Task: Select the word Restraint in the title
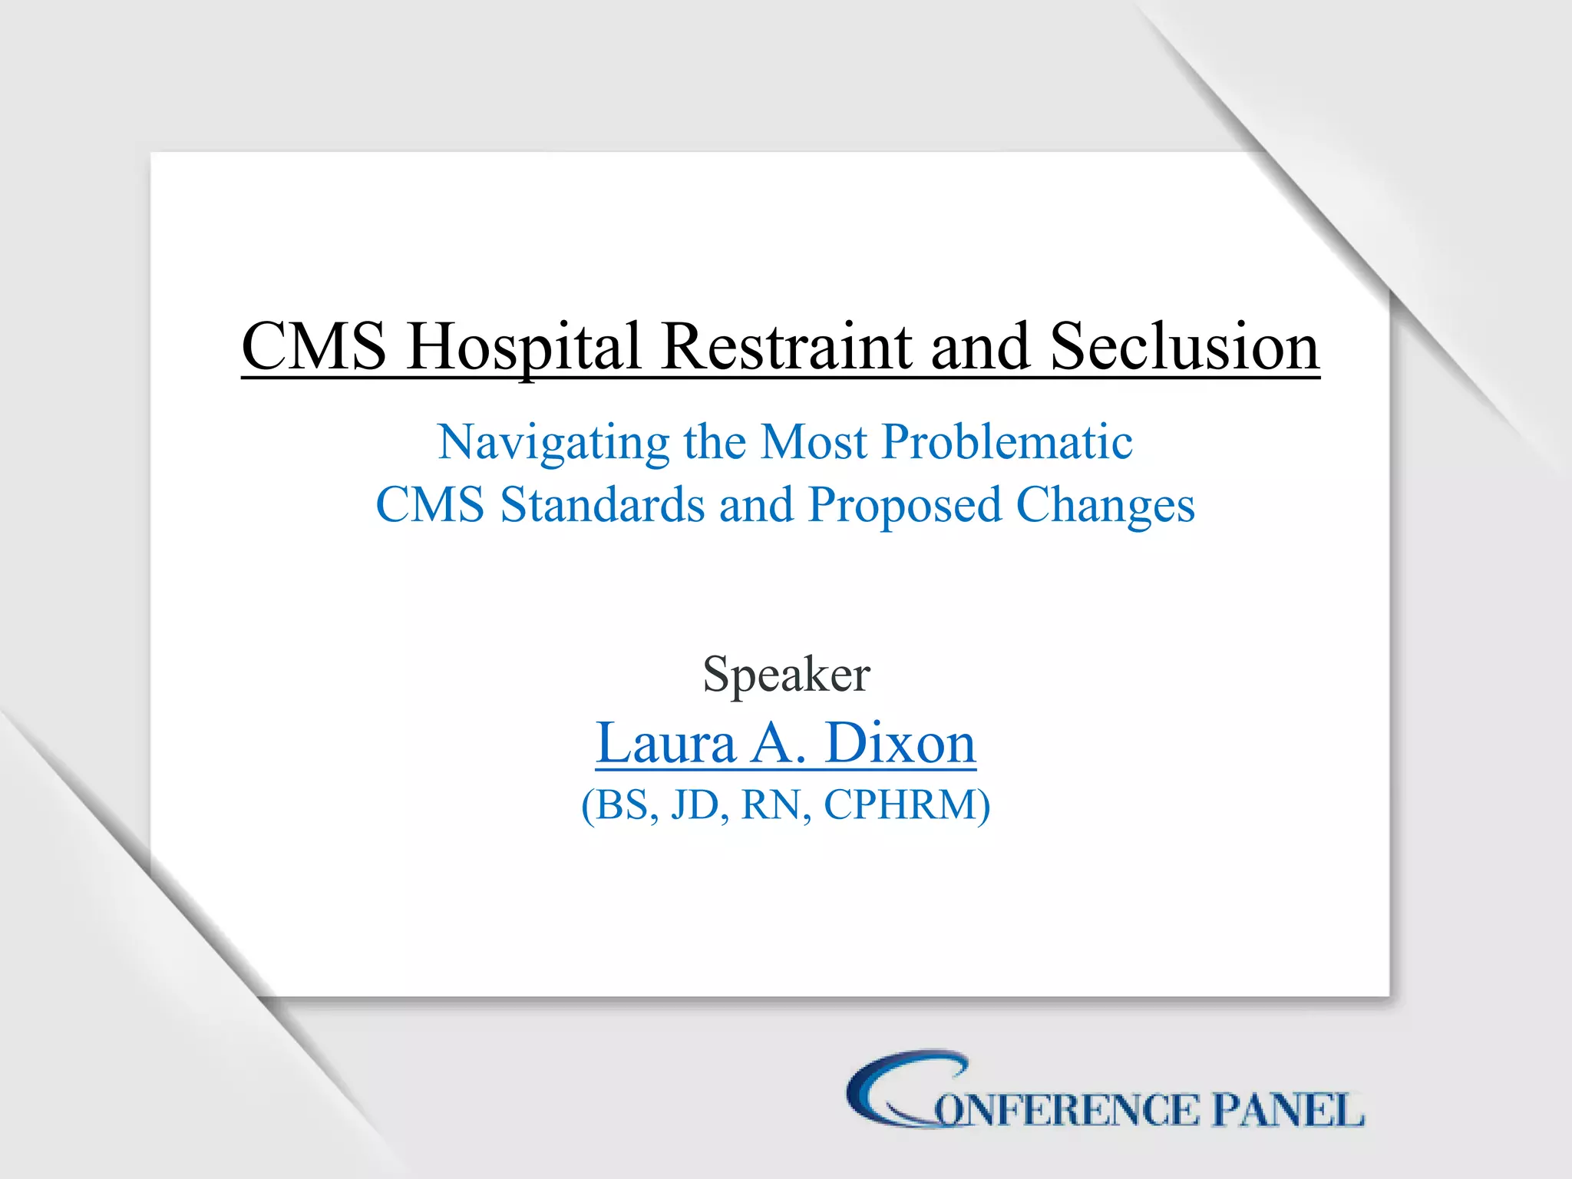point(787,347)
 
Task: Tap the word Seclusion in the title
point(1184,347)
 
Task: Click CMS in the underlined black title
point(314,347)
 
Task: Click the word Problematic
point(1007,443)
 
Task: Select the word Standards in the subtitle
point(603,505)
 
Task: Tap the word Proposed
point(905,507)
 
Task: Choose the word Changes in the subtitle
point(1105,507)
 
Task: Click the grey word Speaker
point(786,675)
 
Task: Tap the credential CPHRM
point(900,804)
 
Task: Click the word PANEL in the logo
point(1287,1111)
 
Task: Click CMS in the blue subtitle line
point(430,505)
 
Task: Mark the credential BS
point(623,804)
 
